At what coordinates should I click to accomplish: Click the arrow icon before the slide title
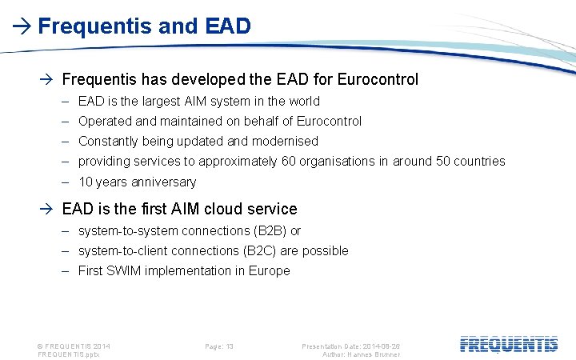pos(23,26)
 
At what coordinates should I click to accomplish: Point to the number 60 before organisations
pos(288,161)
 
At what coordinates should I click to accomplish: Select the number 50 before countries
pos(443,161)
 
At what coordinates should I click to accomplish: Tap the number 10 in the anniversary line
pos(86,182)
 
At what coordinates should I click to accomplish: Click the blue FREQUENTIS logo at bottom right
pos(509,345)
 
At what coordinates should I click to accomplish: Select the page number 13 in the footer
pos(230,346)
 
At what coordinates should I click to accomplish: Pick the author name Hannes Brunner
pos(375,354)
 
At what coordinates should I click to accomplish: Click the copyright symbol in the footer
pos(41,346)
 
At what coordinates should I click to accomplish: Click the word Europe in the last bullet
pos(270,270)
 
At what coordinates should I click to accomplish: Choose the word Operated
pos(103,121)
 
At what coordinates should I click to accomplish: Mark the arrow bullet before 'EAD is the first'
pos(49,210)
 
